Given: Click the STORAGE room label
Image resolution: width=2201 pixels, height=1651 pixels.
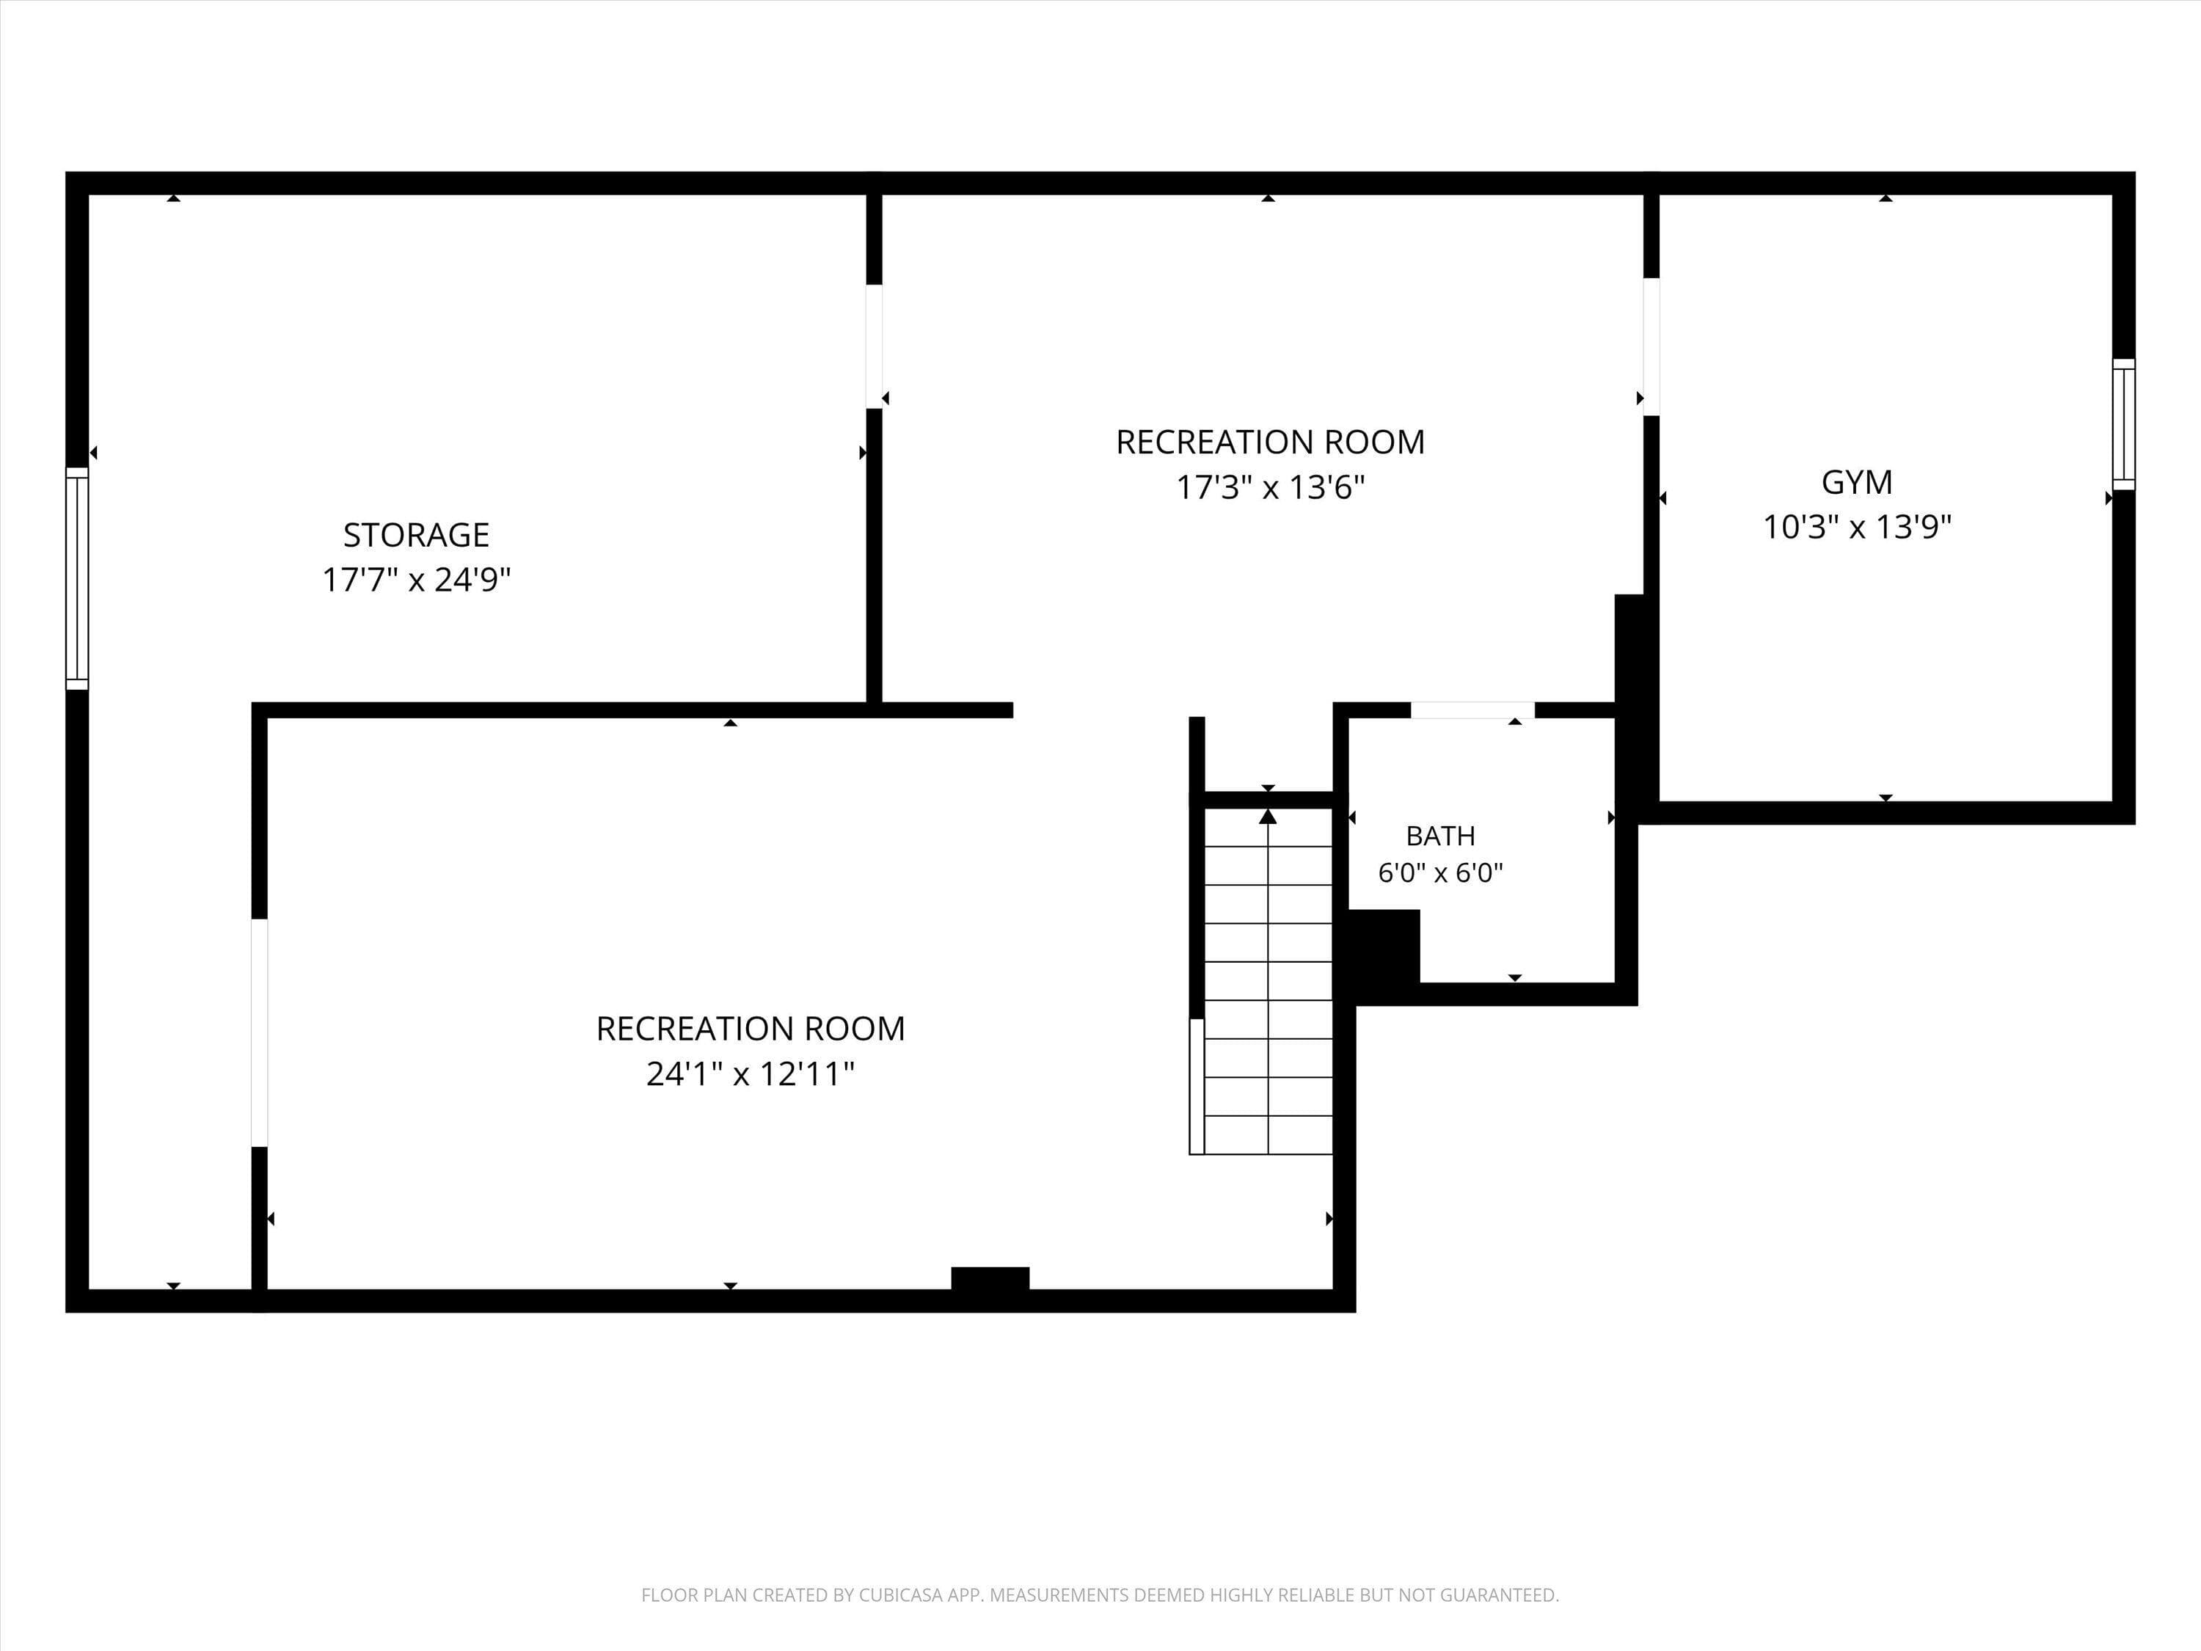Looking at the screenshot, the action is [416, 536].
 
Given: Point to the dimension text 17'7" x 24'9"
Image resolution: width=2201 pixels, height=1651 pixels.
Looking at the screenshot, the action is [416, 579].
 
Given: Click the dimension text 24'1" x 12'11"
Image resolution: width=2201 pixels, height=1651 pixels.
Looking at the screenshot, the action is [751, 1074].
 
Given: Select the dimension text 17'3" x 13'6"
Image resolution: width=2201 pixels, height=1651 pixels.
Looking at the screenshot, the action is [1271, 488].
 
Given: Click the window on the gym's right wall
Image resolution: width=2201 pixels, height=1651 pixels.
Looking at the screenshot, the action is [2123, 424].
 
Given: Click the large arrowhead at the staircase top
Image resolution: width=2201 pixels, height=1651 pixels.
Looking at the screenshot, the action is [1268, 816].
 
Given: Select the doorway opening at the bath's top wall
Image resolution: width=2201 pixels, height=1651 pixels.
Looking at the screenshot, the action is [1472, 710].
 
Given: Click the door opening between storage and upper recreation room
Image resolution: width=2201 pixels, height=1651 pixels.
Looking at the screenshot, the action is [874, 346].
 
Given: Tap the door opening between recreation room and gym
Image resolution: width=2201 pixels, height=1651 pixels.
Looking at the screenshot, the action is [1651, 346].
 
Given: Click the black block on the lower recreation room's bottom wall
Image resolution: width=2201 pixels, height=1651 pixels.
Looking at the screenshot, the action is [990, 1279].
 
